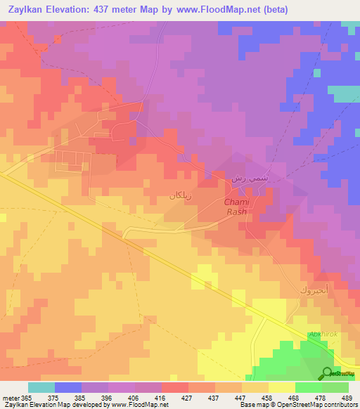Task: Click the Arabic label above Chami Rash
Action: (250, 180)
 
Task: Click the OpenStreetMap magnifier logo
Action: (327, 373)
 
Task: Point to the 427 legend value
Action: (186, 398)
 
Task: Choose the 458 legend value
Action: (266, 398)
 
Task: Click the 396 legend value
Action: (107, 398)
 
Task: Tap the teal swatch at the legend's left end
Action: (41, 387)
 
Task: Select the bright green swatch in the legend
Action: (308, 387)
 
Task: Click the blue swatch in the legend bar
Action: (67, 387)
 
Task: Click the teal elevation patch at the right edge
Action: (345, 93)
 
